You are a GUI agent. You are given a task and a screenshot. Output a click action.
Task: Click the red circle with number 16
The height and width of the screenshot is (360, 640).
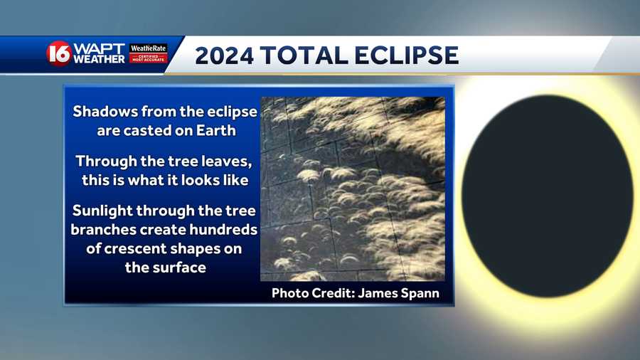click(58, 53)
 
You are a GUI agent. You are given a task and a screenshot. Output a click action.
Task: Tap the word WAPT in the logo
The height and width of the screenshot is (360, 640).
click(98, 48)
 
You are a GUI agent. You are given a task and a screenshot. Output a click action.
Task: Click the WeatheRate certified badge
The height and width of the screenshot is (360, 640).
click(148, 53)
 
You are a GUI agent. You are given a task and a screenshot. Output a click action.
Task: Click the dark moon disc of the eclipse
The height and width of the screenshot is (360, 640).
click(548, 196)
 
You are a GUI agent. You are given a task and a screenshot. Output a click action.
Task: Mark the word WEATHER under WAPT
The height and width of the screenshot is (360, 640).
click(100, 59)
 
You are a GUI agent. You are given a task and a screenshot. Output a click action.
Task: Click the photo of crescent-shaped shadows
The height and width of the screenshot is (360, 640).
click(352, 189)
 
